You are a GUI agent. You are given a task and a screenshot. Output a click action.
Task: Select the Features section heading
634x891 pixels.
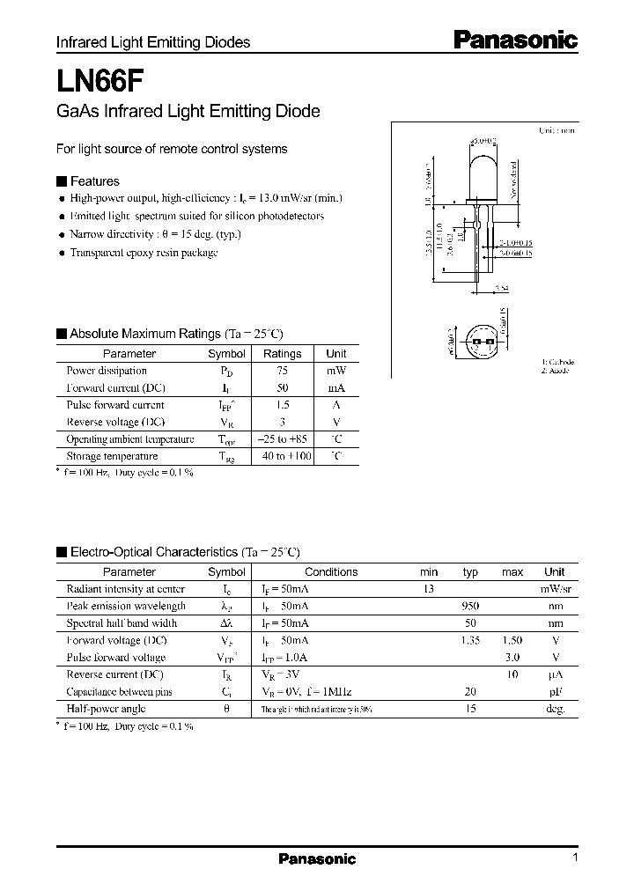point(94,181)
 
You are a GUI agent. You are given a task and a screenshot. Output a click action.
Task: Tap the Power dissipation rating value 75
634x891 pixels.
point(282,371)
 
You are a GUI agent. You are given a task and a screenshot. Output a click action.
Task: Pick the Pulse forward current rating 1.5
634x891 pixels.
point(282,405)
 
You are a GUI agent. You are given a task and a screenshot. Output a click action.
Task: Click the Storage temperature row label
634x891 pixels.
point(112,456)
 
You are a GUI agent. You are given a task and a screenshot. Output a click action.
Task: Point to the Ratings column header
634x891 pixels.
point(282,353)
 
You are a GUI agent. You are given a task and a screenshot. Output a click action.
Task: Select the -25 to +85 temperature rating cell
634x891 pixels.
point(282,439)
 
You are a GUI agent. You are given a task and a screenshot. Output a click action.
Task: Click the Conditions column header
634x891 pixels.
point(331,572)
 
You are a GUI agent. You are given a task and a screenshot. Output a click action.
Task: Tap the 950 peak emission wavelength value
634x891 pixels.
point(470,607)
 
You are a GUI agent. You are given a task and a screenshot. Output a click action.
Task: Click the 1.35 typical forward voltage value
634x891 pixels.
point(470,641)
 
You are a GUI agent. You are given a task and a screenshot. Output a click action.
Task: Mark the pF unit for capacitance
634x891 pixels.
point(555,692)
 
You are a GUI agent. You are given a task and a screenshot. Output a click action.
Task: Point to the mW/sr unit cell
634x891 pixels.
point(555,589)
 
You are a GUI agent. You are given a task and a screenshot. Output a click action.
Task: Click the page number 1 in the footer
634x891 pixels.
point(575,858)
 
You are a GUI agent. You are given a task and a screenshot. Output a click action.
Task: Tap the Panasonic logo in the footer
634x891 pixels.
point(317,858)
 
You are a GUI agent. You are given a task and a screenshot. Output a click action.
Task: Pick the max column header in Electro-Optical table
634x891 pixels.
point(512,572)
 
